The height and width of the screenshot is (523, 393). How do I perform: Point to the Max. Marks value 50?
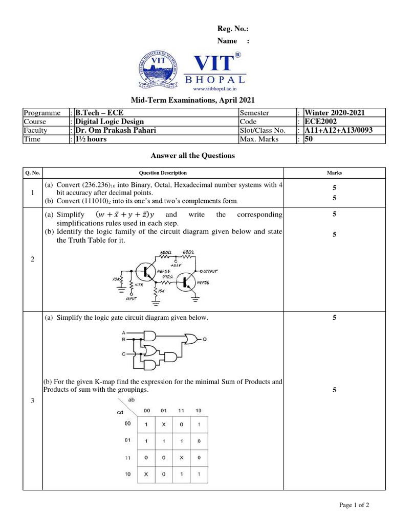point(309,139)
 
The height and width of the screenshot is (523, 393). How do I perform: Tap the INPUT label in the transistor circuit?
point(132,300)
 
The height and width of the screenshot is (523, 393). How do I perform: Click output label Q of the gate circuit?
point(205,338)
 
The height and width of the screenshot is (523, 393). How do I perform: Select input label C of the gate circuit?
point(123,353)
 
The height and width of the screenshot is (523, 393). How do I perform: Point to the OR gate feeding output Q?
point(193,338)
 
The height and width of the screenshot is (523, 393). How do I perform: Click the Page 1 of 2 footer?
point(354,505)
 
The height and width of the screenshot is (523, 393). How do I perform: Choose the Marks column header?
point(334,173)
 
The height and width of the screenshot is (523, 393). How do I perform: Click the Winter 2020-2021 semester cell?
point(335,113)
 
